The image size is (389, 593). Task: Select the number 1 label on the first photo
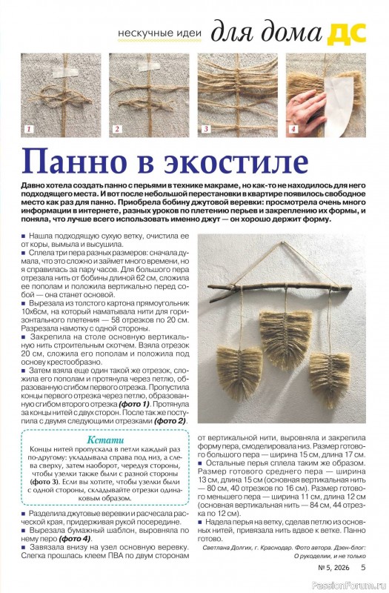click(x=29, y=130)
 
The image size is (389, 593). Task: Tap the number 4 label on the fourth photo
click(x=293, y=130)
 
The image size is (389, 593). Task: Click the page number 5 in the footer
click(x=363, y=568)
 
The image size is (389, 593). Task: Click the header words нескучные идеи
click(x=162, y=35)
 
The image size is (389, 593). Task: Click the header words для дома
click(x=267, y=33)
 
